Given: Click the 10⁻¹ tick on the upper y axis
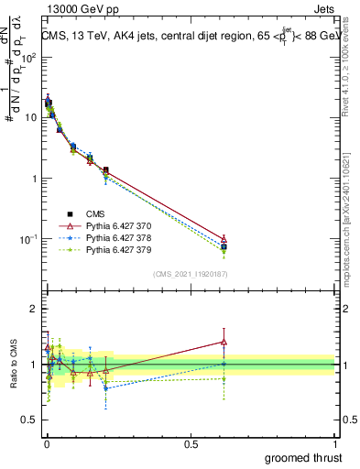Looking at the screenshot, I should (27, 239).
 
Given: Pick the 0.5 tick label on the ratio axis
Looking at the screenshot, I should (28, 420).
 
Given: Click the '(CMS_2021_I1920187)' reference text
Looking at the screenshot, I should (190, 273).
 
